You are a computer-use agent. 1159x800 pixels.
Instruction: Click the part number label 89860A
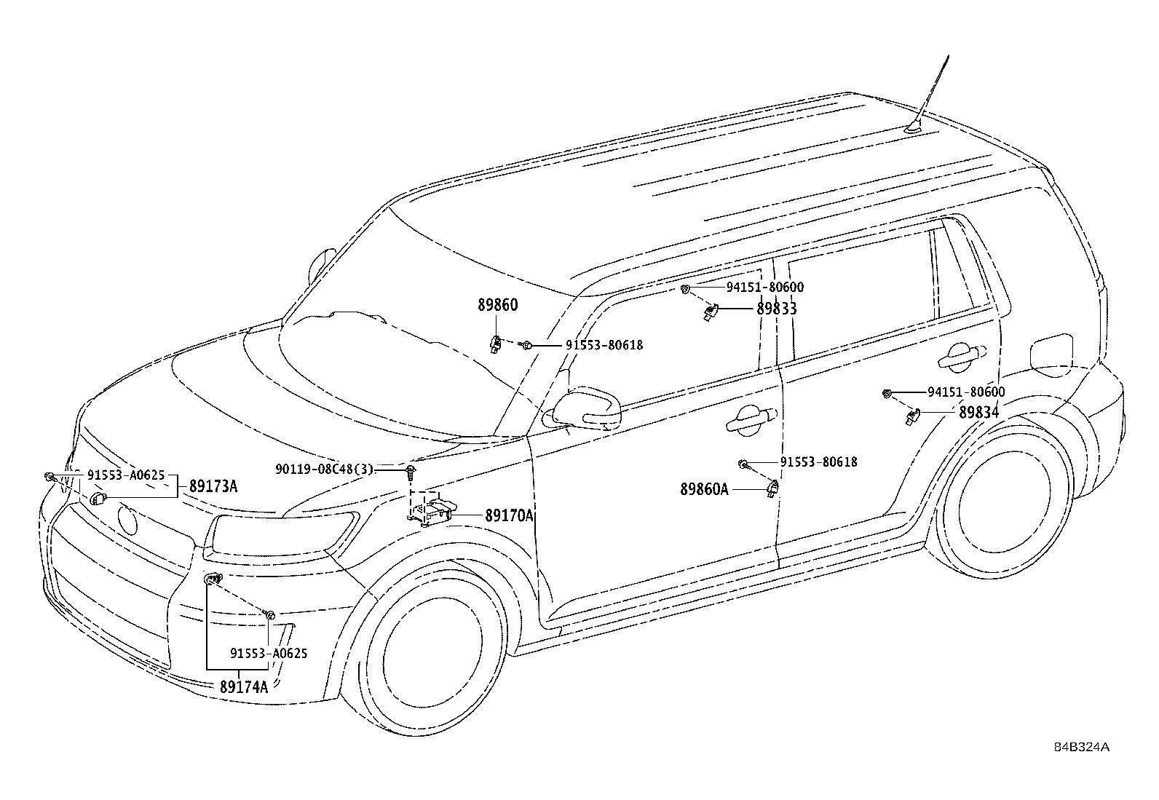704,489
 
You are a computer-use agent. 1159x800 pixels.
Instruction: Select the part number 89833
777,309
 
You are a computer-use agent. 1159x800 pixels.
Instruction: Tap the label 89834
979,413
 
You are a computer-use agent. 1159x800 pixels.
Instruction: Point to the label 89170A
509,515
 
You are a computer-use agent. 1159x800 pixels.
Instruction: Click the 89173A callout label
213,486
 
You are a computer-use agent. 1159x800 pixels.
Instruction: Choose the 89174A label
244,686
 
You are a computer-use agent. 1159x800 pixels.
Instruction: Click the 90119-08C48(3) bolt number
324,470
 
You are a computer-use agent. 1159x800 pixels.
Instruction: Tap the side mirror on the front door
588,408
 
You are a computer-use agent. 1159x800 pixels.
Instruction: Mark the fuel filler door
1051,355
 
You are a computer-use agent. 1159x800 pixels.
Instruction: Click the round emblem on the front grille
127,520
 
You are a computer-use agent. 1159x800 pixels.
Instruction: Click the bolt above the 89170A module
411,472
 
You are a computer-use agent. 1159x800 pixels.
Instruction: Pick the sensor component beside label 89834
913,415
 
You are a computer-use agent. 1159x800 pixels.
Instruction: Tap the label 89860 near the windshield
498,305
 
